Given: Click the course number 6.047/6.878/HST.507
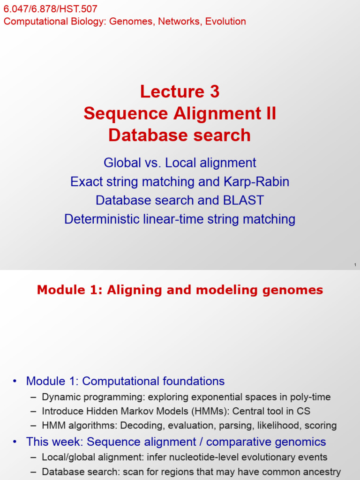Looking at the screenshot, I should tap(51, 9).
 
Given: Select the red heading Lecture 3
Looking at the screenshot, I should tap(180, 91).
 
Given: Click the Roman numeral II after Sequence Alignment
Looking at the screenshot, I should tap(270, 113).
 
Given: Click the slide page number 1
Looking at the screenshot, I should tap(355, 266).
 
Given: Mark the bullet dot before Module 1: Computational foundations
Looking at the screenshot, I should tap(15, 382).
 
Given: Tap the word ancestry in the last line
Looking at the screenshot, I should tap(322, 472).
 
